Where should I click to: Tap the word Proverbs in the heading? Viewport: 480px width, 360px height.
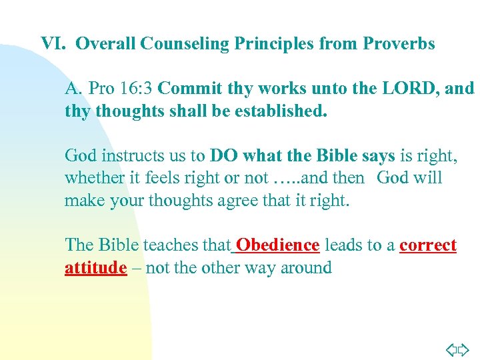tap(399, 44)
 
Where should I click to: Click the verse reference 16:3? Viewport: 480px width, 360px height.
tap(136, 88)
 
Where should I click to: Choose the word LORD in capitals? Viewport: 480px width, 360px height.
tap(414, 88)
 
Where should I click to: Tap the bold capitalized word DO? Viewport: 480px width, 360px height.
tap(222, 155)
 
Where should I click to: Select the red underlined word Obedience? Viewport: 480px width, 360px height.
tap(277, 245)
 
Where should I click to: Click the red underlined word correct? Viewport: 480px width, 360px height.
tap(428, 245)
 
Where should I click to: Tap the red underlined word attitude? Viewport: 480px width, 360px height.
tap(95, 268)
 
